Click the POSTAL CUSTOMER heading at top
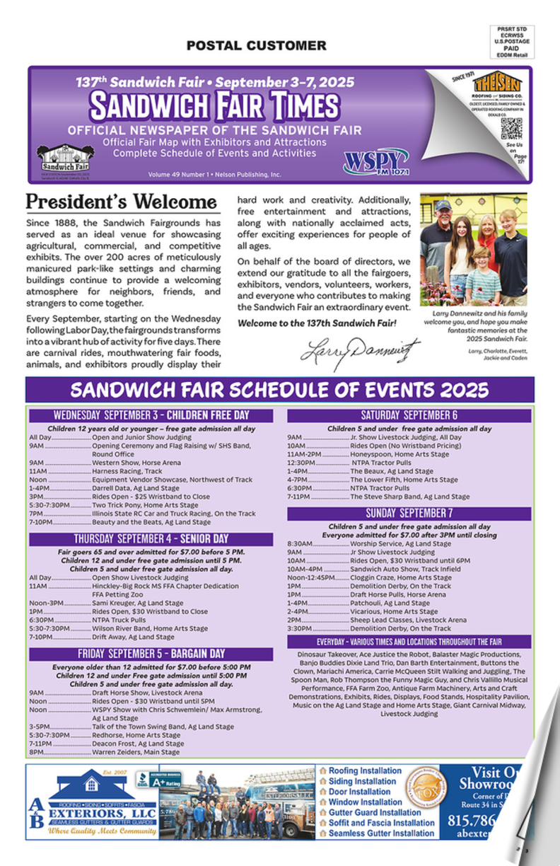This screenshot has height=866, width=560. [256, 46]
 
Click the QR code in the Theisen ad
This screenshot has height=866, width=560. [511, 128]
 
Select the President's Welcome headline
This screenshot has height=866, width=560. [121, 202]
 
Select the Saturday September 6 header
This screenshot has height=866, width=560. [409, 415]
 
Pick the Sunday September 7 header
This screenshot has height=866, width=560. [409, 513]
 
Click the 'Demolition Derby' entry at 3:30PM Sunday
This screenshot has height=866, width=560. [400, 628]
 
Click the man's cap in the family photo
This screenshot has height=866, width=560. [443, 205]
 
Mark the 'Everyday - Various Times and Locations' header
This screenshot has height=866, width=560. [409, 642]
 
